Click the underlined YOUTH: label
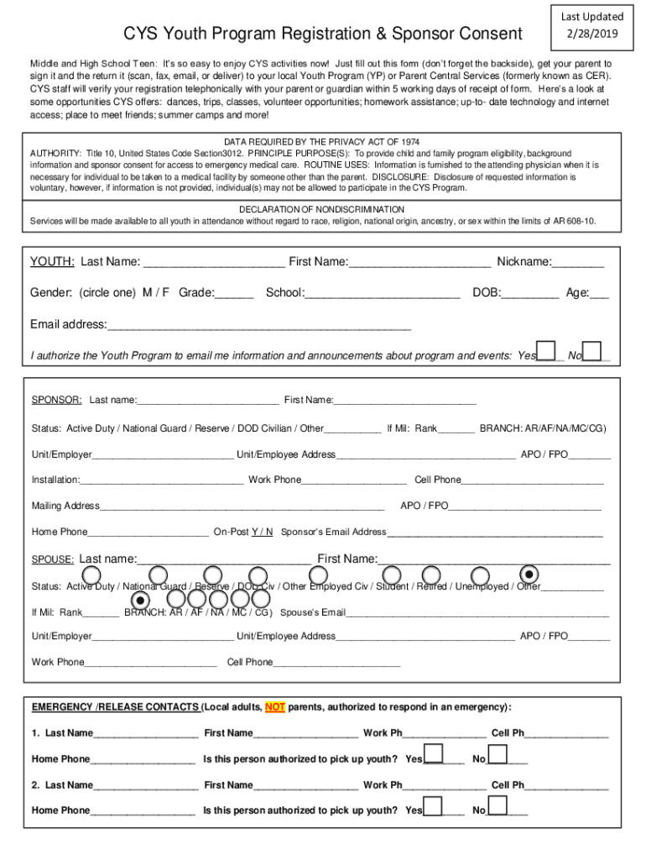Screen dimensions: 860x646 click(x=53, y=262)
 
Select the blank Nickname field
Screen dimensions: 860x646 click(x=578, y=262)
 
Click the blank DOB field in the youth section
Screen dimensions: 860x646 click(x=530, y=293)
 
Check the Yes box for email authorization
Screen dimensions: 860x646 click(x=546, y=351)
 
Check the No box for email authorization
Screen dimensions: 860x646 click(x=592, y=351)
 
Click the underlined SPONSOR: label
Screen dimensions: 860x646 click(x=56, y=400)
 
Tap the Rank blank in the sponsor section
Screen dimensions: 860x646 click(x=456, y=429)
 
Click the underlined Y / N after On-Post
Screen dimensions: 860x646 click(x=262, y=532)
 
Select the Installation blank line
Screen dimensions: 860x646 click(x=162, y=480)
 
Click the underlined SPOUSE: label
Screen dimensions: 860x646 click(x=53, y=560)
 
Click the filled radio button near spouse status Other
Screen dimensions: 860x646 click(x=529, y=574)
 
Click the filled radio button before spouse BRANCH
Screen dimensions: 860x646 click(x=141, y=600)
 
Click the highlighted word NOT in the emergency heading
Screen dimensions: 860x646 click(x=275, y=707)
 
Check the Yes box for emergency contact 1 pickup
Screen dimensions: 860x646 click(x=434, y=754)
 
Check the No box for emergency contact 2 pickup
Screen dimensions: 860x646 click(x=498, y=805)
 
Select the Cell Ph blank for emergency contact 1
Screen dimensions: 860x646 click(x=566, y=734)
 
